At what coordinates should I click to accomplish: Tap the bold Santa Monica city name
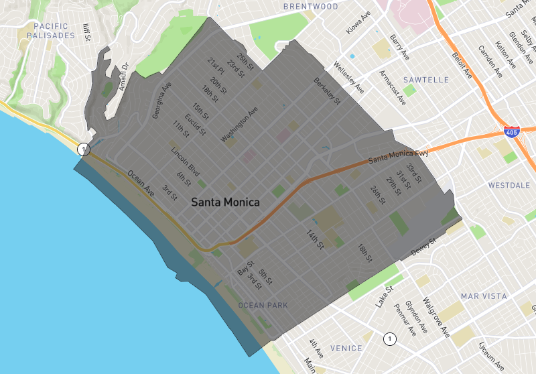point(225,201)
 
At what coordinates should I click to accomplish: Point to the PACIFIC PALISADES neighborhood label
point(50,30)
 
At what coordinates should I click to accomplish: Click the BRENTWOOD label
point(310,7)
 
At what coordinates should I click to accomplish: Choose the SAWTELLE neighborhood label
point(427,80)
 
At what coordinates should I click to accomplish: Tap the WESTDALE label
point(510,185)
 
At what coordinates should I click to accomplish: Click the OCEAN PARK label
point(263,306)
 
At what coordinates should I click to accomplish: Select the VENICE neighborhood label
point(346,348)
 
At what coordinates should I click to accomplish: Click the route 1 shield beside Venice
point(388,339)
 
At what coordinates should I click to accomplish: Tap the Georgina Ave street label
point(161,101)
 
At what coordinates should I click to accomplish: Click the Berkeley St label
point(327,91)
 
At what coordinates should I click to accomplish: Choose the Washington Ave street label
point(239,124)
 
